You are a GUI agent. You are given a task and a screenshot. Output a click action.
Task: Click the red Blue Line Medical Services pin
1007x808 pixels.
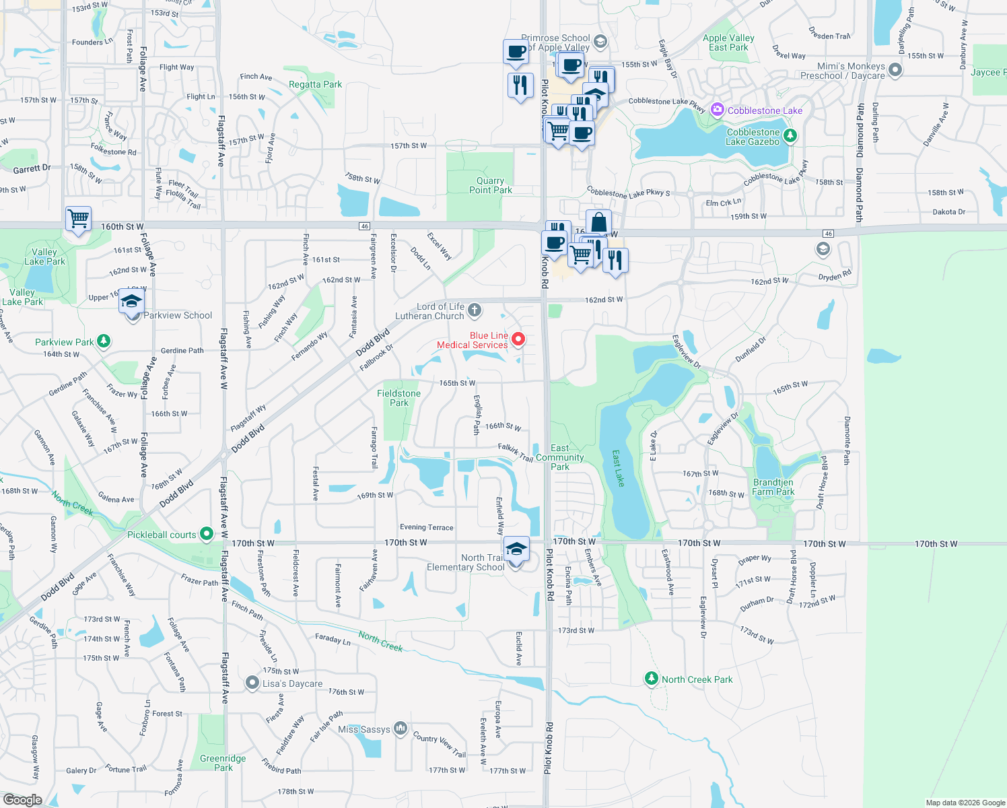[518, 339]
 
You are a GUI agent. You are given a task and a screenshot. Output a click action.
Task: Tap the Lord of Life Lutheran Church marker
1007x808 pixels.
[475, 310]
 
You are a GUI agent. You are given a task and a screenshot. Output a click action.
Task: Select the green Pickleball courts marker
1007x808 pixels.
[207, 534]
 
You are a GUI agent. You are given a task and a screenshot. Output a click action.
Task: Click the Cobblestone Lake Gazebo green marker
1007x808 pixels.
[790, 136]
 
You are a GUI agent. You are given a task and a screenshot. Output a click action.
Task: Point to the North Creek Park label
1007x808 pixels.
[697, 679]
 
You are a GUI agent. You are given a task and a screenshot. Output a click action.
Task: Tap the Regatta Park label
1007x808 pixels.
[315, 84]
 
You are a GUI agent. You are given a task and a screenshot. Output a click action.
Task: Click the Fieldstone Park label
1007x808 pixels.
[398, 398]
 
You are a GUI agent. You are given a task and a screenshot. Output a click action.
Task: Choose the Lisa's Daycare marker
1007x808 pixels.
[252, 683]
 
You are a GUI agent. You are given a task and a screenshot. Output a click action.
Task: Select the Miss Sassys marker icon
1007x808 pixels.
[401, 728]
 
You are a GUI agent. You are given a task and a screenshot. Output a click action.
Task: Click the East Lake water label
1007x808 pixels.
[618, 468]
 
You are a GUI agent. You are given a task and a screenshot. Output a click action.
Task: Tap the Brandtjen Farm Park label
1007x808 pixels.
[773, 487]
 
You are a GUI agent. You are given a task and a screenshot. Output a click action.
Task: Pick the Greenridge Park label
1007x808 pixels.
[223, 763]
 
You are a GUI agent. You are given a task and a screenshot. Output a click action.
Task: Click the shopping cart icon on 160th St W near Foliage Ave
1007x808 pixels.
[79, 218]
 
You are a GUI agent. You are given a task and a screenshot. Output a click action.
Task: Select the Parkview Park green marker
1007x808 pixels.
[103, 341]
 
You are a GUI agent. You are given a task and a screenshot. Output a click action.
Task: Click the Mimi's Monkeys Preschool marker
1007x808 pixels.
[895, 69]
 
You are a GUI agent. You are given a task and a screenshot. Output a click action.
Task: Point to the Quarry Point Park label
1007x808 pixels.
[490, 185]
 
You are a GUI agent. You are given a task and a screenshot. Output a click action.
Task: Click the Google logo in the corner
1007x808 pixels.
[22, 799]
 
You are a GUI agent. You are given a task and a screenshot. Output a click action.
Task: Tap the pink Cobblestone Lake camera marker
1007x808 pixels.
[717, 110]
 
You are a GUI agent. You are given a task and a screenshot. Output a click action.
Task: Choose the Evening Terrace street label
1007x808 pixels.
[426, 527]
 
